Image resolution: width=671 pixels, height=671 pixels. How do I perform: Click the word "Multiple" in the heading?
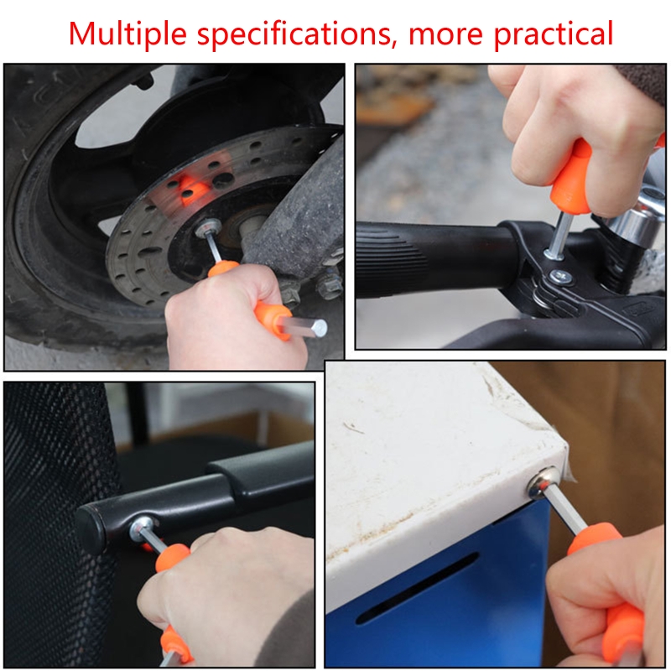[127, 34]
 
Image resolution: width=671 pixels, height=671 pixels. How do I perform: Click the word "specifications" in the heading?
[294, 34]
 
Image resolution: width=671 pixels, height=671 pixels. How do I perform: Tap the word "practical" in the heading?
[554, 34]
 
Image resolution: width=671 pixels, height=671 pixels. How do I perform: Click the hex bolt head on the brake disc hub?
[207, 226]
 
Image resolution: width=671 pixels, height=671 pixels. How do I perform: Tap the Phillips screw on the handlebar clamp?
[562, 278]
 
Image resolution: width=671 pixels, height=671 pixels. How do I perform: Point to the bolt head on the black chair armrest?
[142, 526]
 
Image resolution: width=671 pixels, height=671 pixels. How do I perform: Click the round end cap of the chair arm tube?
[91, 529]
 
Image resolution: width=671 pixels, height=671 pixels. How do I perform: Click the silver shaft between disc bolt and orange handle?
[214, 247]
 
